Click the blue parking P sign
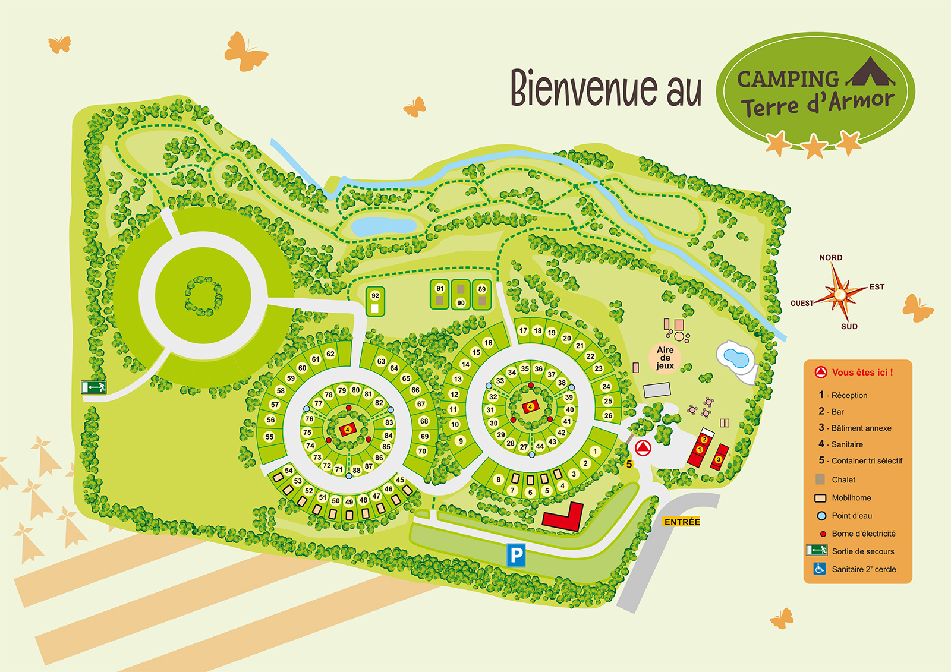click(516, 556)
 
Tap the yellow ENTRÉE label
click(682, 522)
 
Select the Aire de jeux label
click(665, 358)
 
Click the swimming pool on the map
click(736, 358)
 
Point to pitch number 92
click(375, 296)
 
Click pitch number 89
click(481, 289)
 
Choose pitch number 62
click(330, 354)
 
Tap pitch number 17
click(523, 330)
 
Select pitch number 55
click(269, 437)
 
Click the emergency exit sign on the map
click(94, 387)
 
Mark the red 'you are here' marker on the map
click(643, 447)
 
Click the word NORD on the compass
click(830, 258)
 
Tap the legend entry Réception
click(849, 395)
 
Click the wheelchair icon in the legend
click(820, 569)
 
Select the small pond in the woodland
click(383, 226)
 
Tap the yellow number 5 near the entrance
click(629, 464)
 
